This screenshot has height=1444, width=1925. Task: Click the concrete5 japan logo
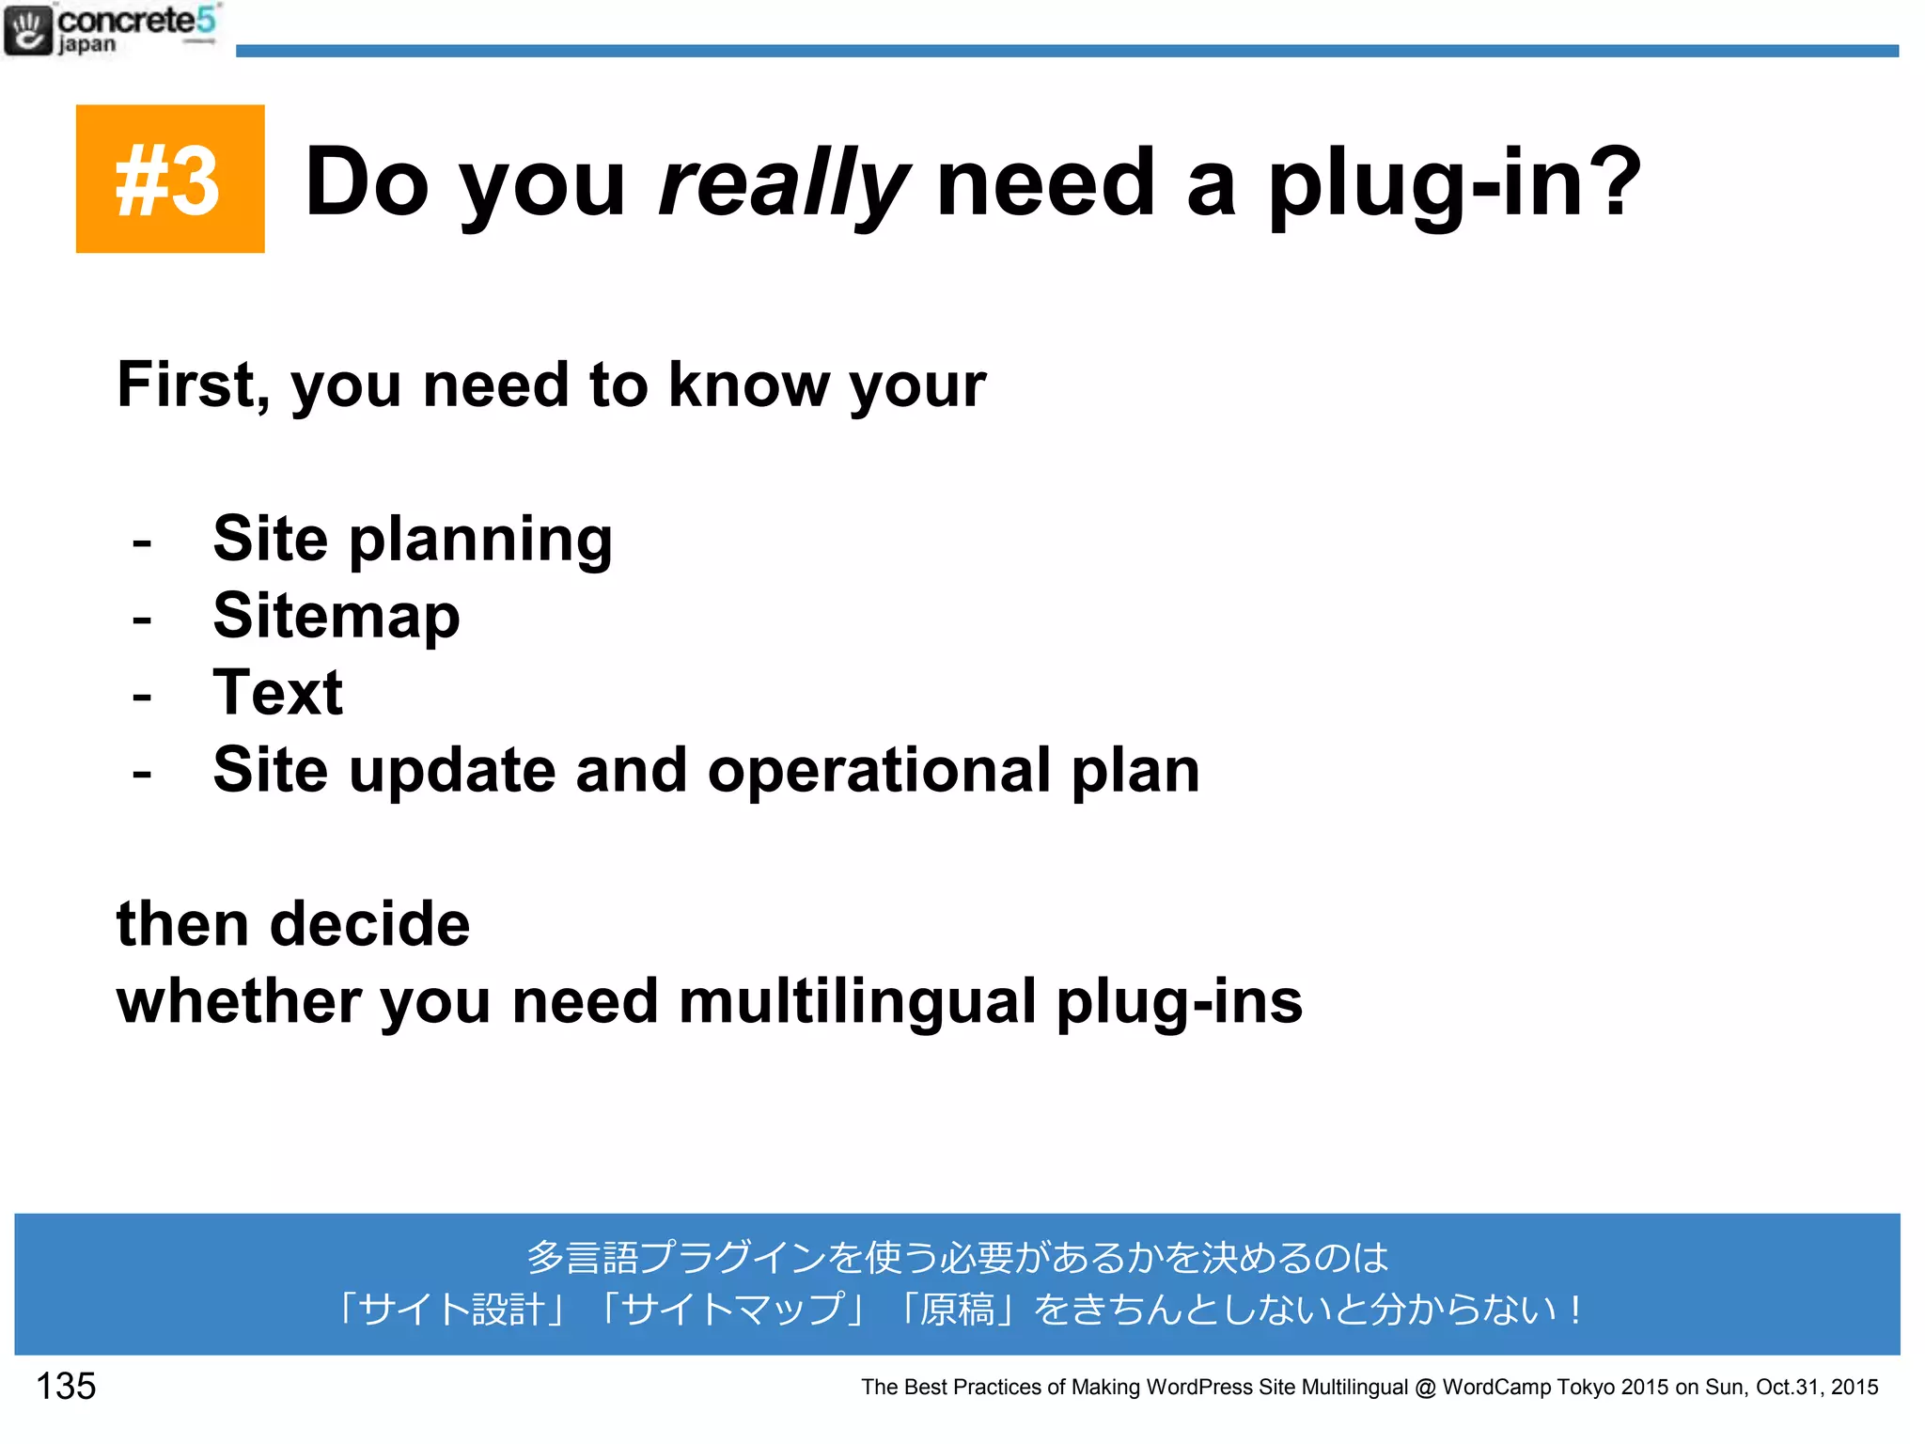tap(111, 30)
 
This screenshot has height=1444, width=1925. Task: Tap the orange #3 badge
tap(170, 179)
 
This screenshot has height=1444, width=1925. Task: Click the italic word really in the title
tap(782, 183)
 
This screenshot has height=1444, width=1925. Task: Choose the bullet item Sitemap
tap(336, 616)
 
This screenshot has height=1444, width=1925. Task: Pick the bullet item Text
tap(278, 693)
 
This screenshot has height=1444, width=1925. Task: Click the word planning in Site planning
tap(480, 541)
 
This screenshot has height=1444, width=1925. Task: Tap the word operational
tap(878, 770)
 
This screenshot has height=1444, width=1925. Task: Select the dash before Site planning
tap(142, 542)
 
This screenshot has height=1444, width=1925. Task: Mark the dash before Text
tap(142, 697)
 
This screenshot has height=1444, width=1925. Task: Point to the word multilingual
tap(857, 1001)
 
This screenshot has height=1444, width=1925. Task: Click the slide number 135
tap(66, 1386)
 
